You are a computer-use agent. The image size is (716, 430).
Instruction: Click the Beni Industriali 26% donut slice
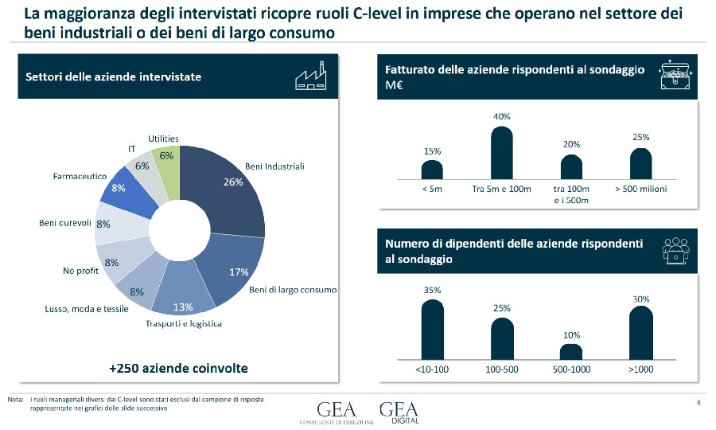tap(231, 199)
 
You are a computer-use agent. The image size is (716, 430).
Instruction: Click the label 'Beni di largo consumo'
tap(293, 290)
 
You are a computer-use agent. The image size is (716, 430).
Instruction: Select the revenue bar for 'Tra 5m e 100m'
tap(501, 152)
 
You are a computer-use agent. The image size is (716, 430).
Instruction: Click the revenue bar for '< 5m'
tap(432, 170)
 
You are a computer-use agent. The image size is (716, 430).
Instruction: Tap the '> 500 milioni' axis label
tap(640, 190)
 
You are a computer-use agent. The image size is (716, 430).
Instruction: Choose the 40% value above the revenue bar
tap(501, 116)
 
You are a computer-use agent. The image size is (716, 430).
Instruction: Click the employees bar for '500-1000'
tap(571, 352)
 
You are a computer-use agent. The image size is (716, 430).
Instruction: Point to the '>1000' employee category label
tap(640, 369)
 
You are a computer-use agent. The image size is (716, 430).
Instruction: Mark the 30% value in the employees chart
tap(641, 299)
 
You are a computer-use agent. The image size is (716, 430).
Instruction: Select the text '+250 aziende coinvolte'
tap(178, 368)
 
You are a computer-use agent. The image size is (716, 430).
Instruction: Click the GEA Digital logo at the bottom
tap(399, 412)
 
